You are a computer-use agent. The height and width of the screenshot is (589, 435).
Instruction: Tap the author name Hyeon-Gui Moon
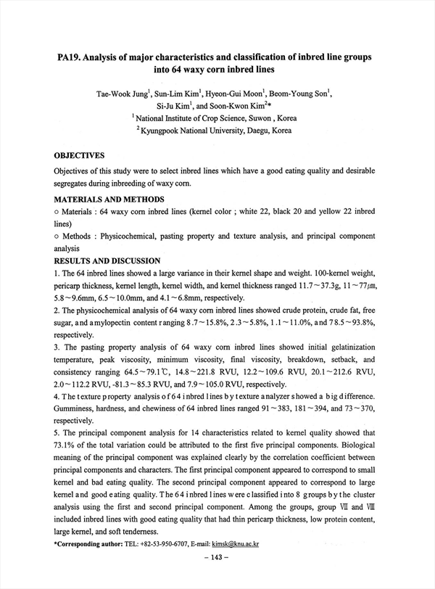point(237,93)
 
